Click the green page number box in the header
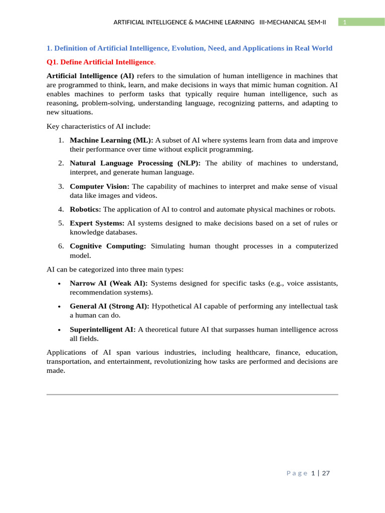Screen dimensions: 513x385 [357, 22]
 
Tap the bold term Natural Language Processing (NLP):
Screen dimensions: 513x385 [135, 163]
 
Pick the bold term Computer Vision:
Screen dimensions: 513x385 [99, 186]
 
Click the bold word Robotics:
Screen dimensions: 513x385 [85, 209]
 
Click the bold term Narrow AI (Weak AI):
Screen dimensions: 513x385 [108, 284]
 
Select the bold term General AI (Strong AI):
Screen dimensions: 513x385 [109, 306]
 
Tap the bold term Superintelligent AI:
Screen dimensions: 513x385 [103, 329]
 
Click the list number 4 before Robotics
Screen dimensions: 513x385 [60, 209]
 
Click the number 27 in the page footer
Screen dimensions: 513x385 [325, 473]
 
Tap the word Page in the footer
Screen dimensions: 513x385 [297, 473]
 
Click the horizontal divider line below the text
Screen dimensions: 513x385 [192, 395]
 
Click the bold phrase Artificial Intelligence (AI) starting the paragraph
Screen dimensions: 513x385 [90, 76]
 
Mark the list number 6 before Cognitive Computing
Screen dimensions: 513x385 [60, 246]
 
